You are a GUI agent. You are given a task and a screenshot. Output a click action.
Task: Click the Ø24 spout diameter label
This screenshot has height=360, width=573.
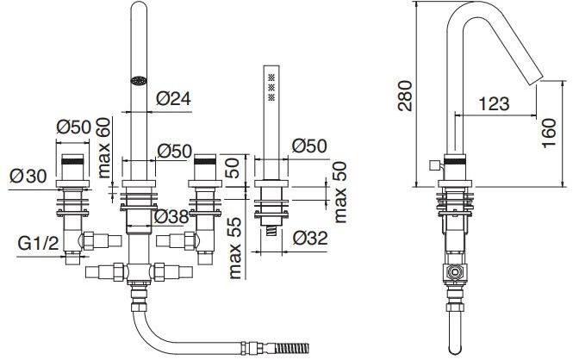click(x=173, y=98)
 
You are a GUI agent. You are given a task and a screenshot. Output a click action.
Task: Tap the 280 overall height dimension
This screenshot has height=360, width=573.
click(x=405, y=96)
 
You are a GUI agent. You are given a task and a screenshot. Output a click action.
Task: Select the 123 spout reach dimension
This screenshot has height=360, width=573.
click(x=494, y=103)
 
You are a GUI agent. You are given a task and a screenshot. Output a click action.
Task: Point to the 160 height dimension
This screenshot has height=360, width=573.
click(x=549, y=133)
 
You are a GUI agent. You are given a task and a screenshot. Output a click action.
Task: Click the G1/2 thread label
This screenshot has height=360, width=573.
click(x=39, y=244)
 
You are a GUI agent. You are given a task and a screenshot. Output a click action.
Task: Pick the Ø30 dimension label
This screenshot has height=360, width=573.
click(x=28, y=177)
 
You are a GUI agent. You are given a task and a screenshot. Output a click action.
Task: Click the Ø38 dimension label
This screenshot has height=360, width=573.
click(x=171, y=217)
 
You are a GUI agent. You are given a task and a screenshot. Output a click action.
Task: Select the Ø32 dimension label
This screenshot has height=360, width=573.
click(x=310, y=239)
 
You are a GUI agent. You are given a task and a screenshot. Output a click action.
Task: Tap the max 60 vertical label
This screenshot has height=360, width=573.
click(x=103, y=148)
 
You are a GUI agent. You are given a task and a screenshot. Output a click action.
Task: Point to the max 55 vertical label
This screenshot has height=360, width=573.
click(x=234, y=248)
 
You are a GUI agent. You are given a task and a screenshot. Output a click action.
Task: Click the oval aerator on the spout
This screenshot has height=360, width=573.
click(x=139, y=80)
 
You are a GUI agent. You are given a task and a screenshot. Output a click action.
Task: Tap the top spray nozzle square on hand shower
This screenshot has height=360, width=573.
click(x=271, y=77)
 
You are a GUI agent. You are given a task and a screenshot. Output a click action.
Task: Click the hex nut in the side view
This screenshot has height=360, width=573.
click(x=455, y=272)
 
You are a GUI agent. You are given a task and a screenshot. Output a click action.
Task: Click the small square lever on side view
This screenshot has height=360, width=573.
click(x=435, y=165)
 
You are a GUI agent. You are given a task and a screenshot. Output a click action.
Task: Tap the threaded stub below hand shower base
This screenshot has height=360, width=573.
click(x=271, y=231)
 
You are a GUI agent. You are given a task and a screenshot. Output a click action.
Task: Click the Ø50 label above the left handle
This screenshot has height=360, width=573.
click(x=73, y=127)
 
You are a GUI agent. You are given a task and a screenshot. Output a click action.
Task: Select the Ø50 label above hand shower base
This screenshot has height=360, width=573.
click(x=309, y=146)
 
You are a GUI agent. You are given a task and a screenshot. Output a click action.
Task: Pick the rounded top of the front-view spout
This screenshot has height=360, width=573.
click(x=139, y=3)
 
